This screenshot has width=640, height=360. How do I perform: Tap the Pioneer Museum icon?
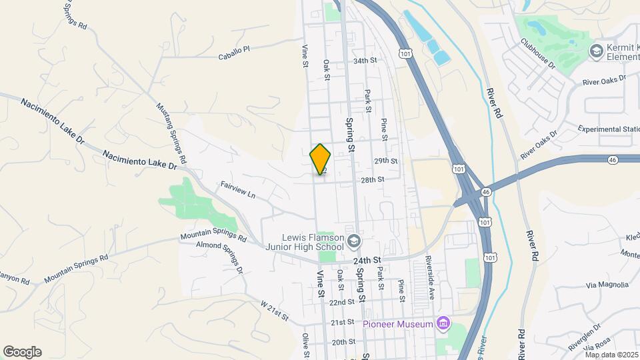tap(442, 324)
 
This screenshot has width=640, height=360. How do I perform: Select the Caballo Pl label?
tap(233, 53)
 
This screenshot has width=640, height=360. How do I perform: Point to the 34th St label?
tap(365, 60)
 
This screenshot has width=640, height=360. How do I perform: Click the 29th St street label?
tap(385, 161)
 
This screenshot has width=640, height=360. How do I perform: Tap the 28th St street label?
tap(373, 179)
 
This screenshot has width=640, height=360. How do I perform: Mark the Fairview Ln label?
tap(238, 190)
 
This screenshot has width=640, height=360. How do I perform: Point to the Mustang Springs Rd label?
tap(171, 133)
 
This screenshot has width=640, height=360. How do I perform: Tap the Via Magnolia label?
tap(607, 285)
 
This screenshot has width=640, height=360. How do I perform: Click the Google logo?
tap(22, 352)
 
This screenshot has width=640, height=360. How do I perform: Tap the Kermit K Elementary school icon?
tap(595, 51)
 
